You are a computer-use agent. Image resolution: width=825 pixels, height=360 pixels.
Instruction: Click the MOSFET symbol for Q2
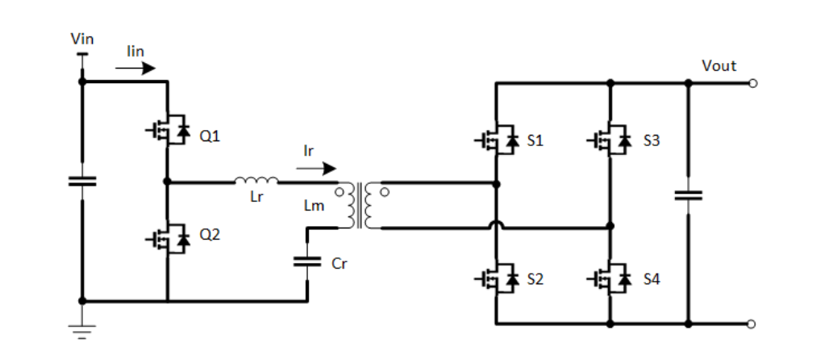coord(168,239)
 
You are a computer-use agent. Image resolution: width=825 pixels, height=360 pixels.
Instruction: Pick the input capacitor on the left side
coord(81,181)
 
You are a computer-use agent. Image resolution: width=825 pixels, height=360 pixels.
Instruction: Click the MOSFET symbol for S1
coord(497,140)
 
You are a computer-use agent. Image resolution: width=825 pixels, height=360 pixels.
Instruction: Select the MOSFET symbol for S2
coord(497,278)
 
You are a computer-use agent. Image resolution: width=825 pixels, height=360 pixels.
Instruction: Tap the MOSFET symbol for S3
coord(610,140)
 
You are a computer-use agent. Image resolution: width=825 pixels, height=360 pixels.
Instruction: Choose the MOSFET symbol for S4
coord(610,278)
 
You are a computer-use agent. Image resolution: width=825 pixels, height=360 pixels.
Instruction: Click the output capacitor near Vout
coord(688,195)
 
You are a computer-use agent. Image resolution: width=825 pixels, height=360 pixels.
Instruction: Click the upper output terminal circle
coord(752,83)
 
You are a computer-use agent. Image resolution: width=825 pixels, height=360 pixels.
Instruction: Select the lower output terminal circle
coord(752,324)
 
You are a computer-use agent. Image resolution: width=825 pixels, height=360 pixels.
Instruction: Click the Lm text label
coord(314,207)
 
